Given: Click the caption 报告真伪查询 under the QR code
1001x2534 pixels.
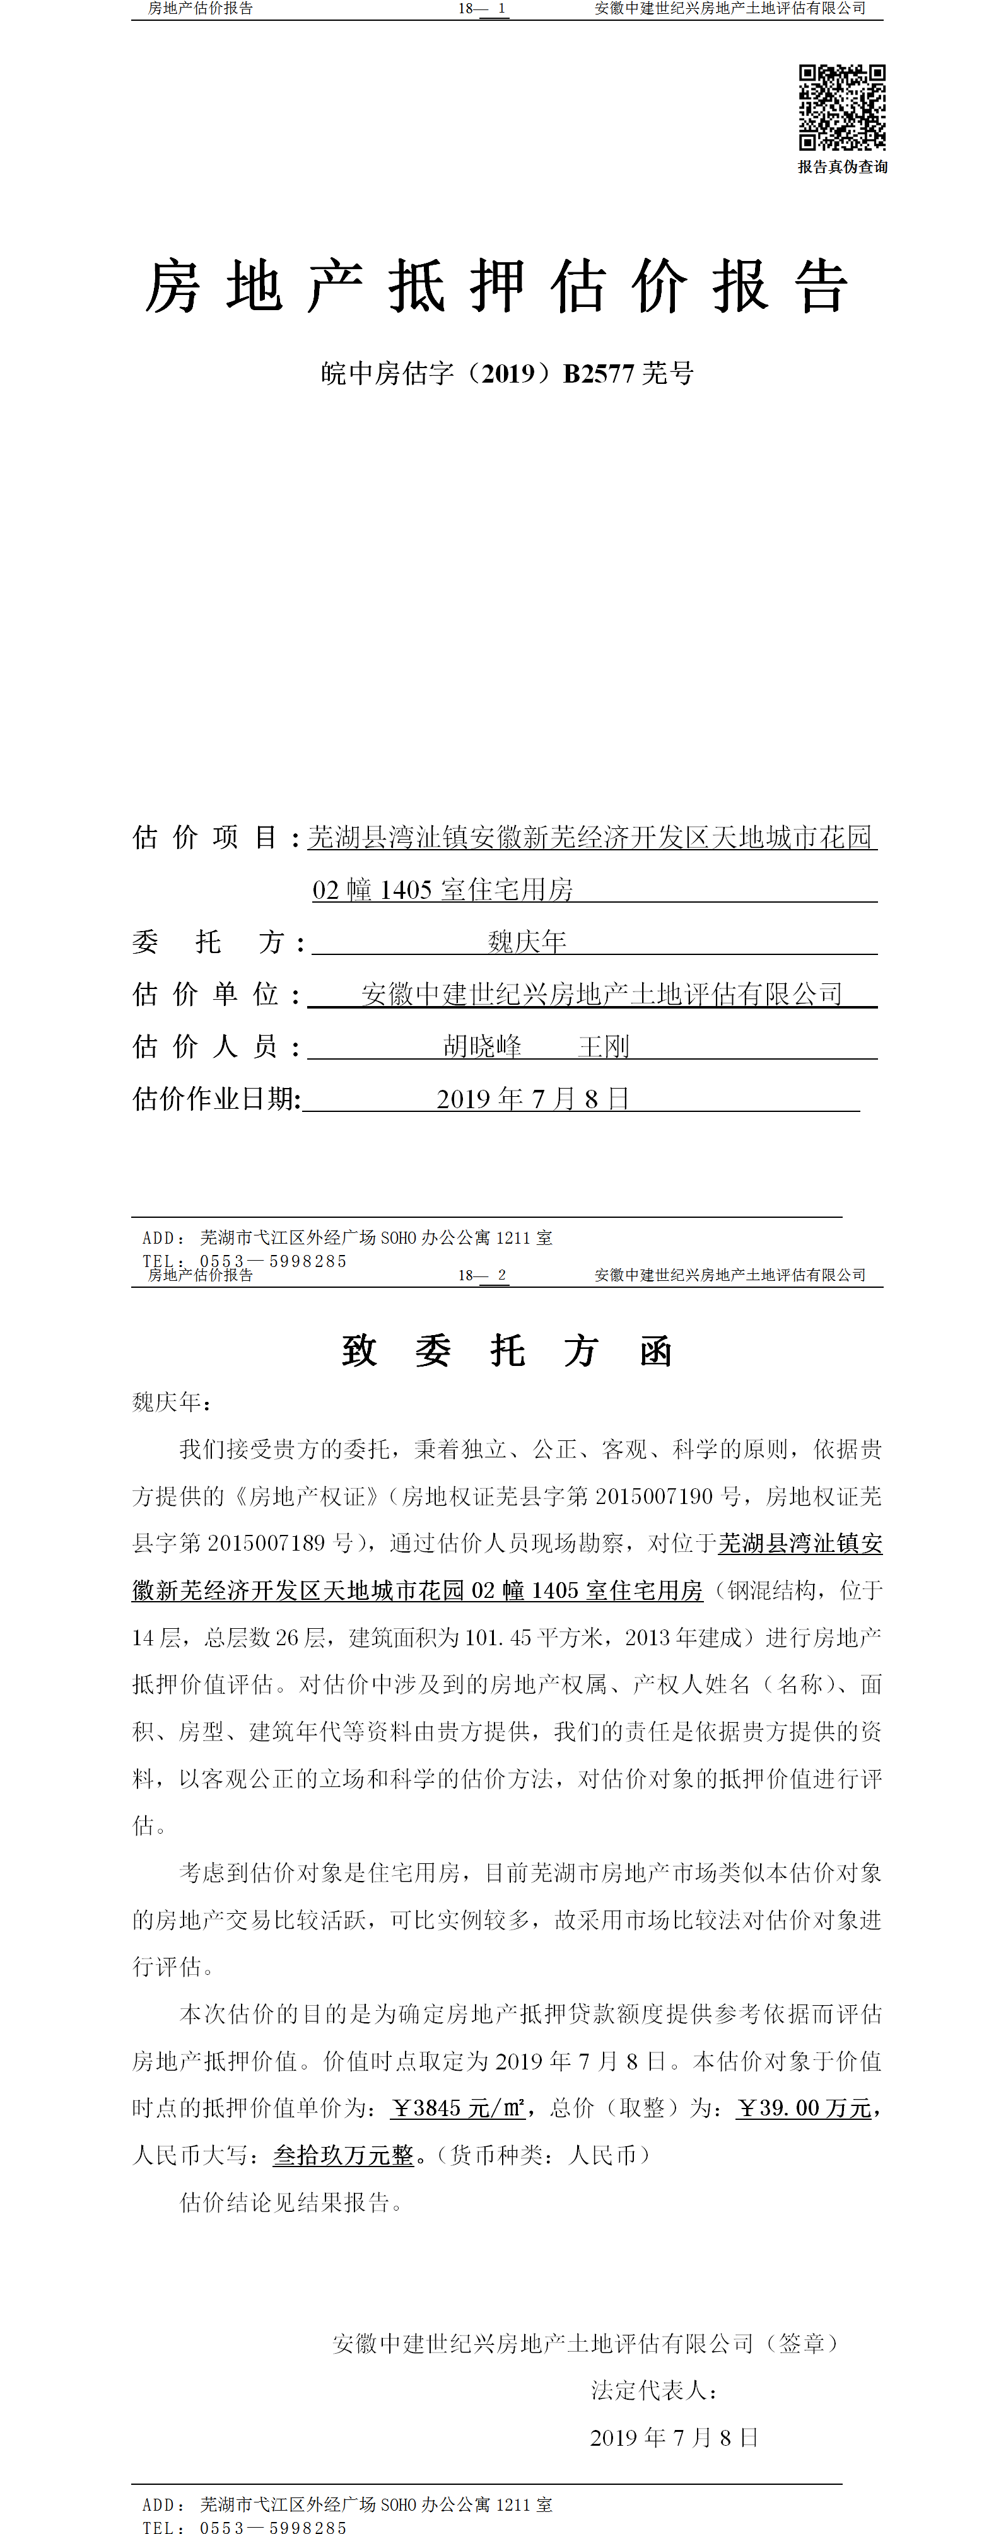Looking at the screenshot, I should [x=843, y=167].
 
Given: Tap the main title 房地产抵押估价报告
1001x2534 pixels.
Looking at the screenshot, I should [x=497, y=287].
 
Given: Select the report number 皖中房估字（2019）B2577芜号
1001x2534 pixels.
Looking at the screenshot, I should [x=507, y=374].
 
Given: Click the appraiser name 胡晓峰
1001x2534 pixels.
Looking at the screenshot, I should [x=483, y=1046].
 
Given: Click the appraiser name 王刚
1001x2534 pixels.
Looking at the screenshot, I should [x=604, y=1046].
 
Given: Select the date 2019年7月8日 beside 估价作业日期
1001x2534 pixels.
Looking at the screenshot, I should [x=532, y=1099].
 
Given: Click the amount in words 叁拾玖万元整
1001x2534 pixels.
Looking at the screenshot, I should [x=344, y=2155].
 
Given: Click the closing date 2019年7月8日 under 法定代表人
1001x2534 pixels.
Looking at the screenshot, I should [x=674, y=2438].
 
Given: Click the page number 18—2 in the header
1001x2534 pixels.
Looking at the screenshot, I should [x=483, y=1275].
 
